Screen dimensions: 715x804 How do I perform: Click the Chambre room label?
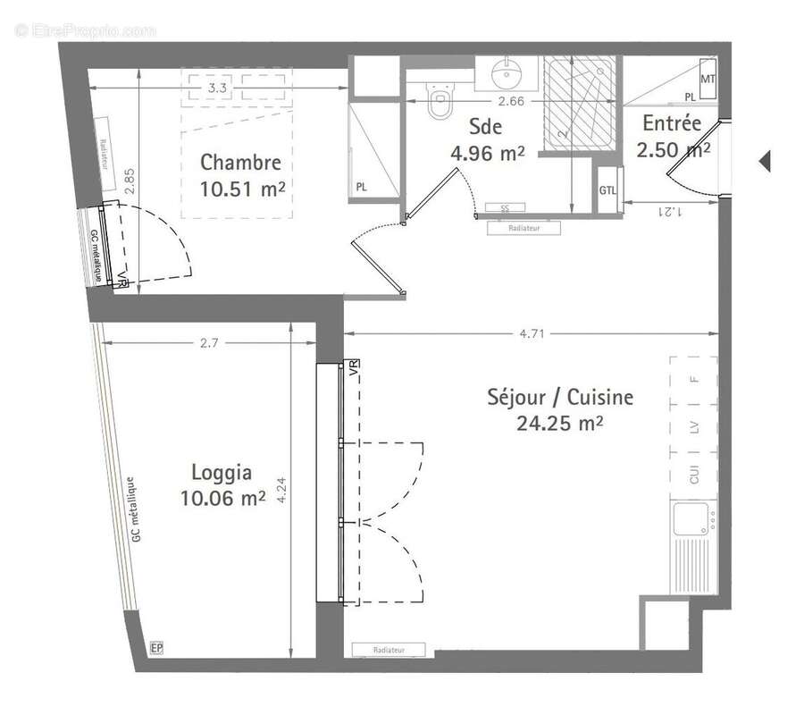pyautogui.click(x=240, y=163)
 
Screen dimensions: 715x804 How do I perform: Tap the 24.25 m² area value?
pyautogui.click(x=559, y=423)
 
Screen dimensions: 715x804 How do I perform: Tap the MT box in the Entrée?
pyautogui.click(x=707, y=80)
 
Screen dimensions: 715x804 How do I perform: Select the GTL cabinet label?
pyautogui.click(x=608, y=189)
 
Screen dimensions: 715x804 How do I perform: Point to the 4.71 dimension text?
pyautogui.click(x=533, y=334)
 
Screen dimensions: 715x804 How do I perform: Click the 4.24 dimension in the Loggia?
pyautogui.click(x=282, y=490)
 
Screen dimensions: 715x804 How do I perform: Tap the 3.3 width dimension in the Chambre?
pyautogui.click(x=216, y=88)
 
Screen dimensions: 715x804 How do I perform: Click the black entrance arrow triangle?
pyautogui.click(x=764, y=162)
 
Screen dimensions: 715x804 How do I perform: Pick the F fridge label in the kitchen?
pyautogui.click(x=694, y=379)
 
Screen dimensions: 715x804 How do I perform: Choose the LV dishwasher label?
pyautogui.click(x=694, y=427)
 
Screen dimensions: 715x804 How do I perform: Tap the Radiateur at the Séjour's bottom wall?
pyautogui.click(x=389, y=650)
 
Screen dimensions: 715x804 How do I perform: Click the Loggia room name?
pyautogui.click(x=222, y=473)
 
